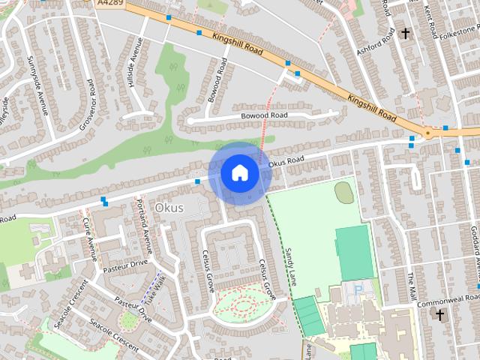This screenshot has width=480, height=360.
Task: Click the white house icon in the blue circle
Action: (x=239, y=173)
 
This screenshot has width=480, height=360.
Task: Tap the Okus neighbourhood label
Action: (x=169, y=207)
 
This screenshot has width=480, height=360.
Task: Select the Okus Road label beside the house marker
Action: (x=286, y=160)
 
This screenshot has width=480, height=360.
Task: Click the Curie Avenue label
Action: (x=90, y=238)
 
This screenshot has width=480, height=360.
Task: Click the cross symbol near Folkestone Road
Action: (x=406, y=34)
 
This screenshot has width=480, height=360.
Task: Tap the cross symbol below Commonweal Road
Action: (x=441, y=314)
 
